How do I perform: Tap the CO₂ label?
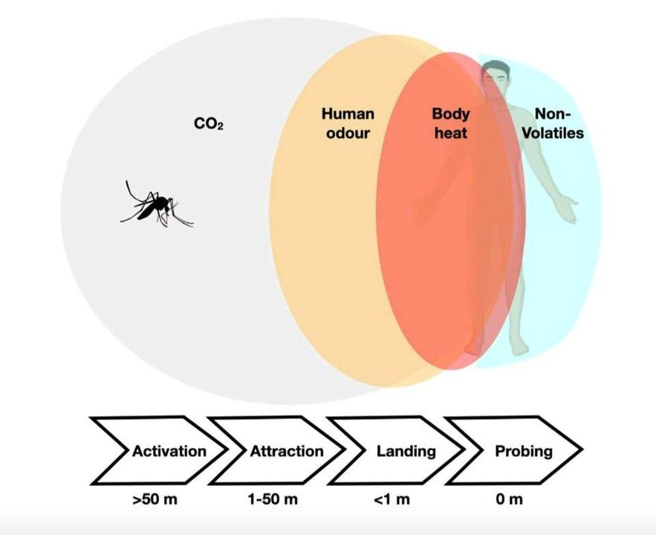pos(209,124)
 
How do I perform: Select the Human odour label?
pos(348,123)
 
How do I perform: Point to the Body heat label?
pos(451,123)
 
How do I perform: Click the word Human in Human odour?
pos(348,114)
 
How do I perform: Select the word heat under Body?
pos(451,133)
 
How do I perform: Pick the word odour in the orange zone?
pos(348,133)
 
